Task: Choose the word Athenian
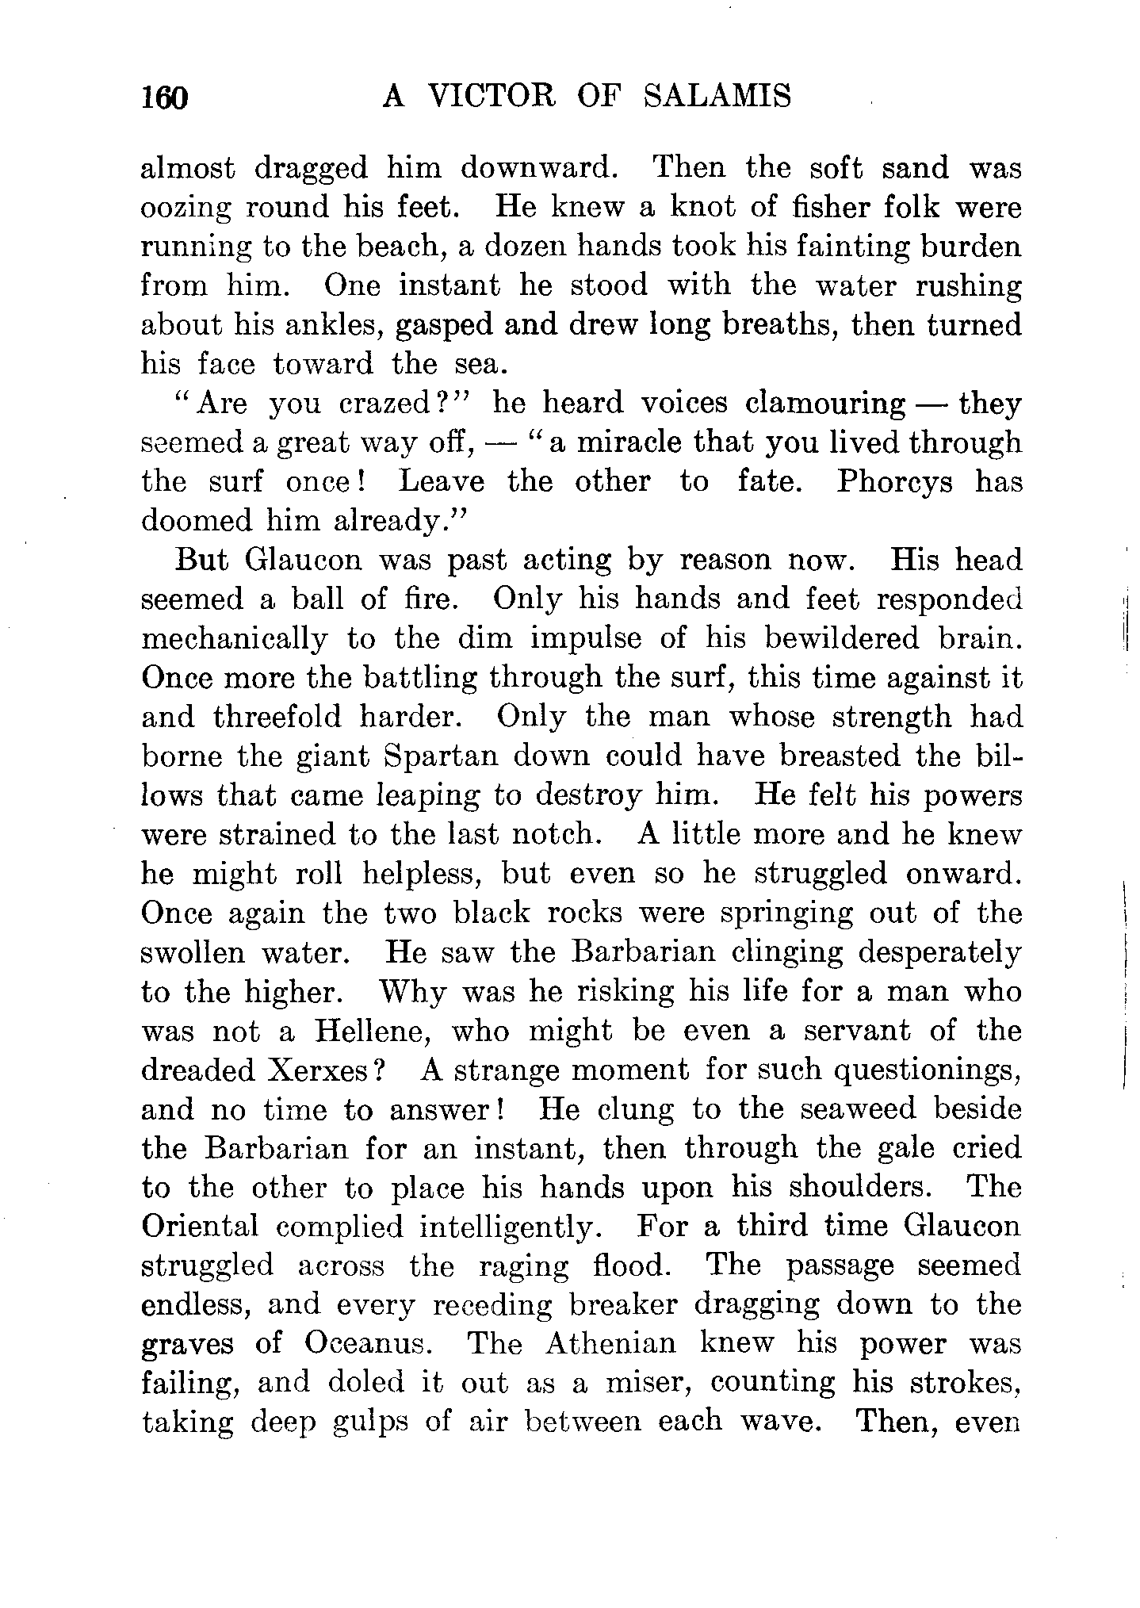(x=611, y=1344)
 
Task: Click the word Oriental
(x=200, y=1227)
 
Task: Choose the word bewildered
(x=818, y=639)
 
